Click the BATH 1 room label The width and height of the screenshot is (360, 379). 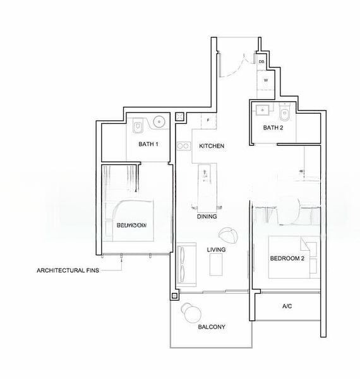(x=148, y=144)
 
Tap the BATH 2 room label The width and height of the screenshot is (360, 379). (x=273, y=128)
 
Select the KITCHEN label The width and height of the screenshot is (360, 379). (x=212, y=146)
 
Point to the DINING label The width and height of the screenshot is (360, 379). (x=207, y=217)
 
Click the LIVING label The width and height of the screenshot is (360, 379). (x=216, y=250)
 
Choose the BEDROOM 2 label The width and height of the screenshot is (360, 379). (x=287, y=259)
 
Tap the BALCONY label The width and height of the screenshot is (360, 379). (x=211, y=327)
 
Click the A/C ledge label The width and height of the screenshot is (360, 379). (x=287, y=306)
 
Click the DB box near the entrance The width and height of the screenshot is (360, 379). (x=261, y=62)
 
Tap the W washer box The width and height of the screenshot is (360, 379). (x=265, y=80)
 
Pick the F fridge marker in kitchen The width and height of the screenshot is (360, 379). (x=207, y=119)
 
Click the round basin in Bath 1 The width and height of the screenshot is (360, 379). (x=159, y=121)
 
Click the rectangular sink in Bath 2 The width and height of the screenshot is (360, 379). (x=260, y=109)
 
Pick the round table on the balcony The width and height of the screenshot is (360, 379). (x=189, y=312)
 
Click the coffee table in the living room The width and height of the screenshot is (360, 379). (x=217, y=265)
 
